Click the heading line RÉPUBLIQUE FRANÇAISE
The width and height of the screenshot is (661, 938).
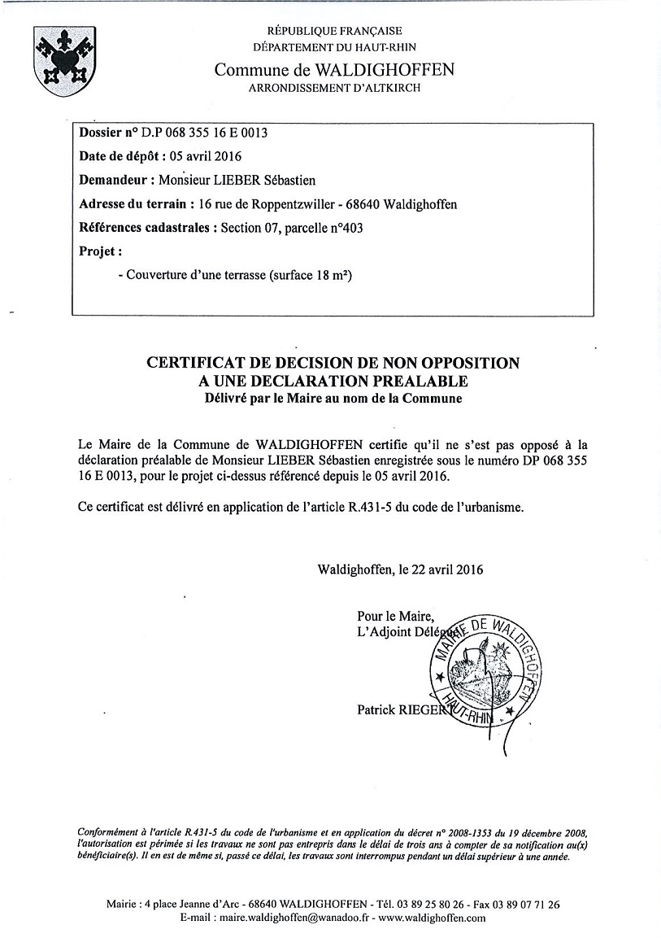(334, 31)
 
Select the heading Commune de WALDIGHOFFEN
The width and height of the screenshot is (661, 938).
(334, 70)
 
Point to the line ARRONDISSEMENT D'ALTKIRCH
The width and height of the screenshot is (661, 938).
(334, 88)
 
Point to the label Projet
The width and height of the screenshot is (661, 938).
(100, 251)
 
